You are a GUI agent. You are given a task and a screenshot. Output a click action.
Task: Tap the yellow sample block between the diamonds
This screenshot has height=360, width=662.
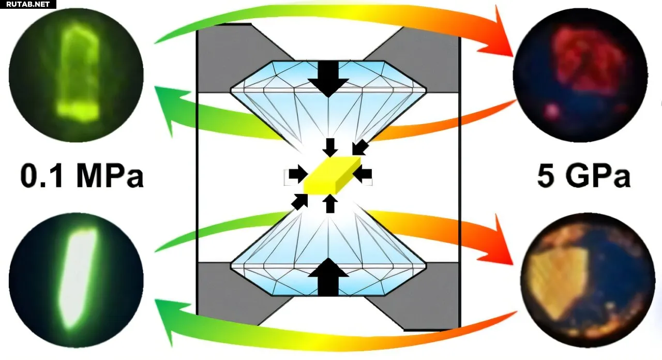(x=331, y=176)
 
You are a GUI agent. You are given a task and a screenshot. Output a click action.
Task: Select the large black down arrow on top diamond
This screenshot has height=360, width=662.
(x=328, y=78)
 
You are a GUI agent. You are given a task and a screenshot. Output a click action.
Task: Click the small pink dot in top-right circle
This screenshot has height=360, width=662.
(x=553, y=110)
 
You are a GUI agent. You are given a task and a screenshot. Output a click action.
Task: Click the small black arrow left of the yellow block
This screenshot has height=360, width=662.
(x=297, y=175)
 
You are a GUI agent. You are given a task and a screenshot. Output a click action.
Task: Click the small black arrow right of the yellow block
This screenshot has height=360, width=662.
(x=363, y=174)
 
